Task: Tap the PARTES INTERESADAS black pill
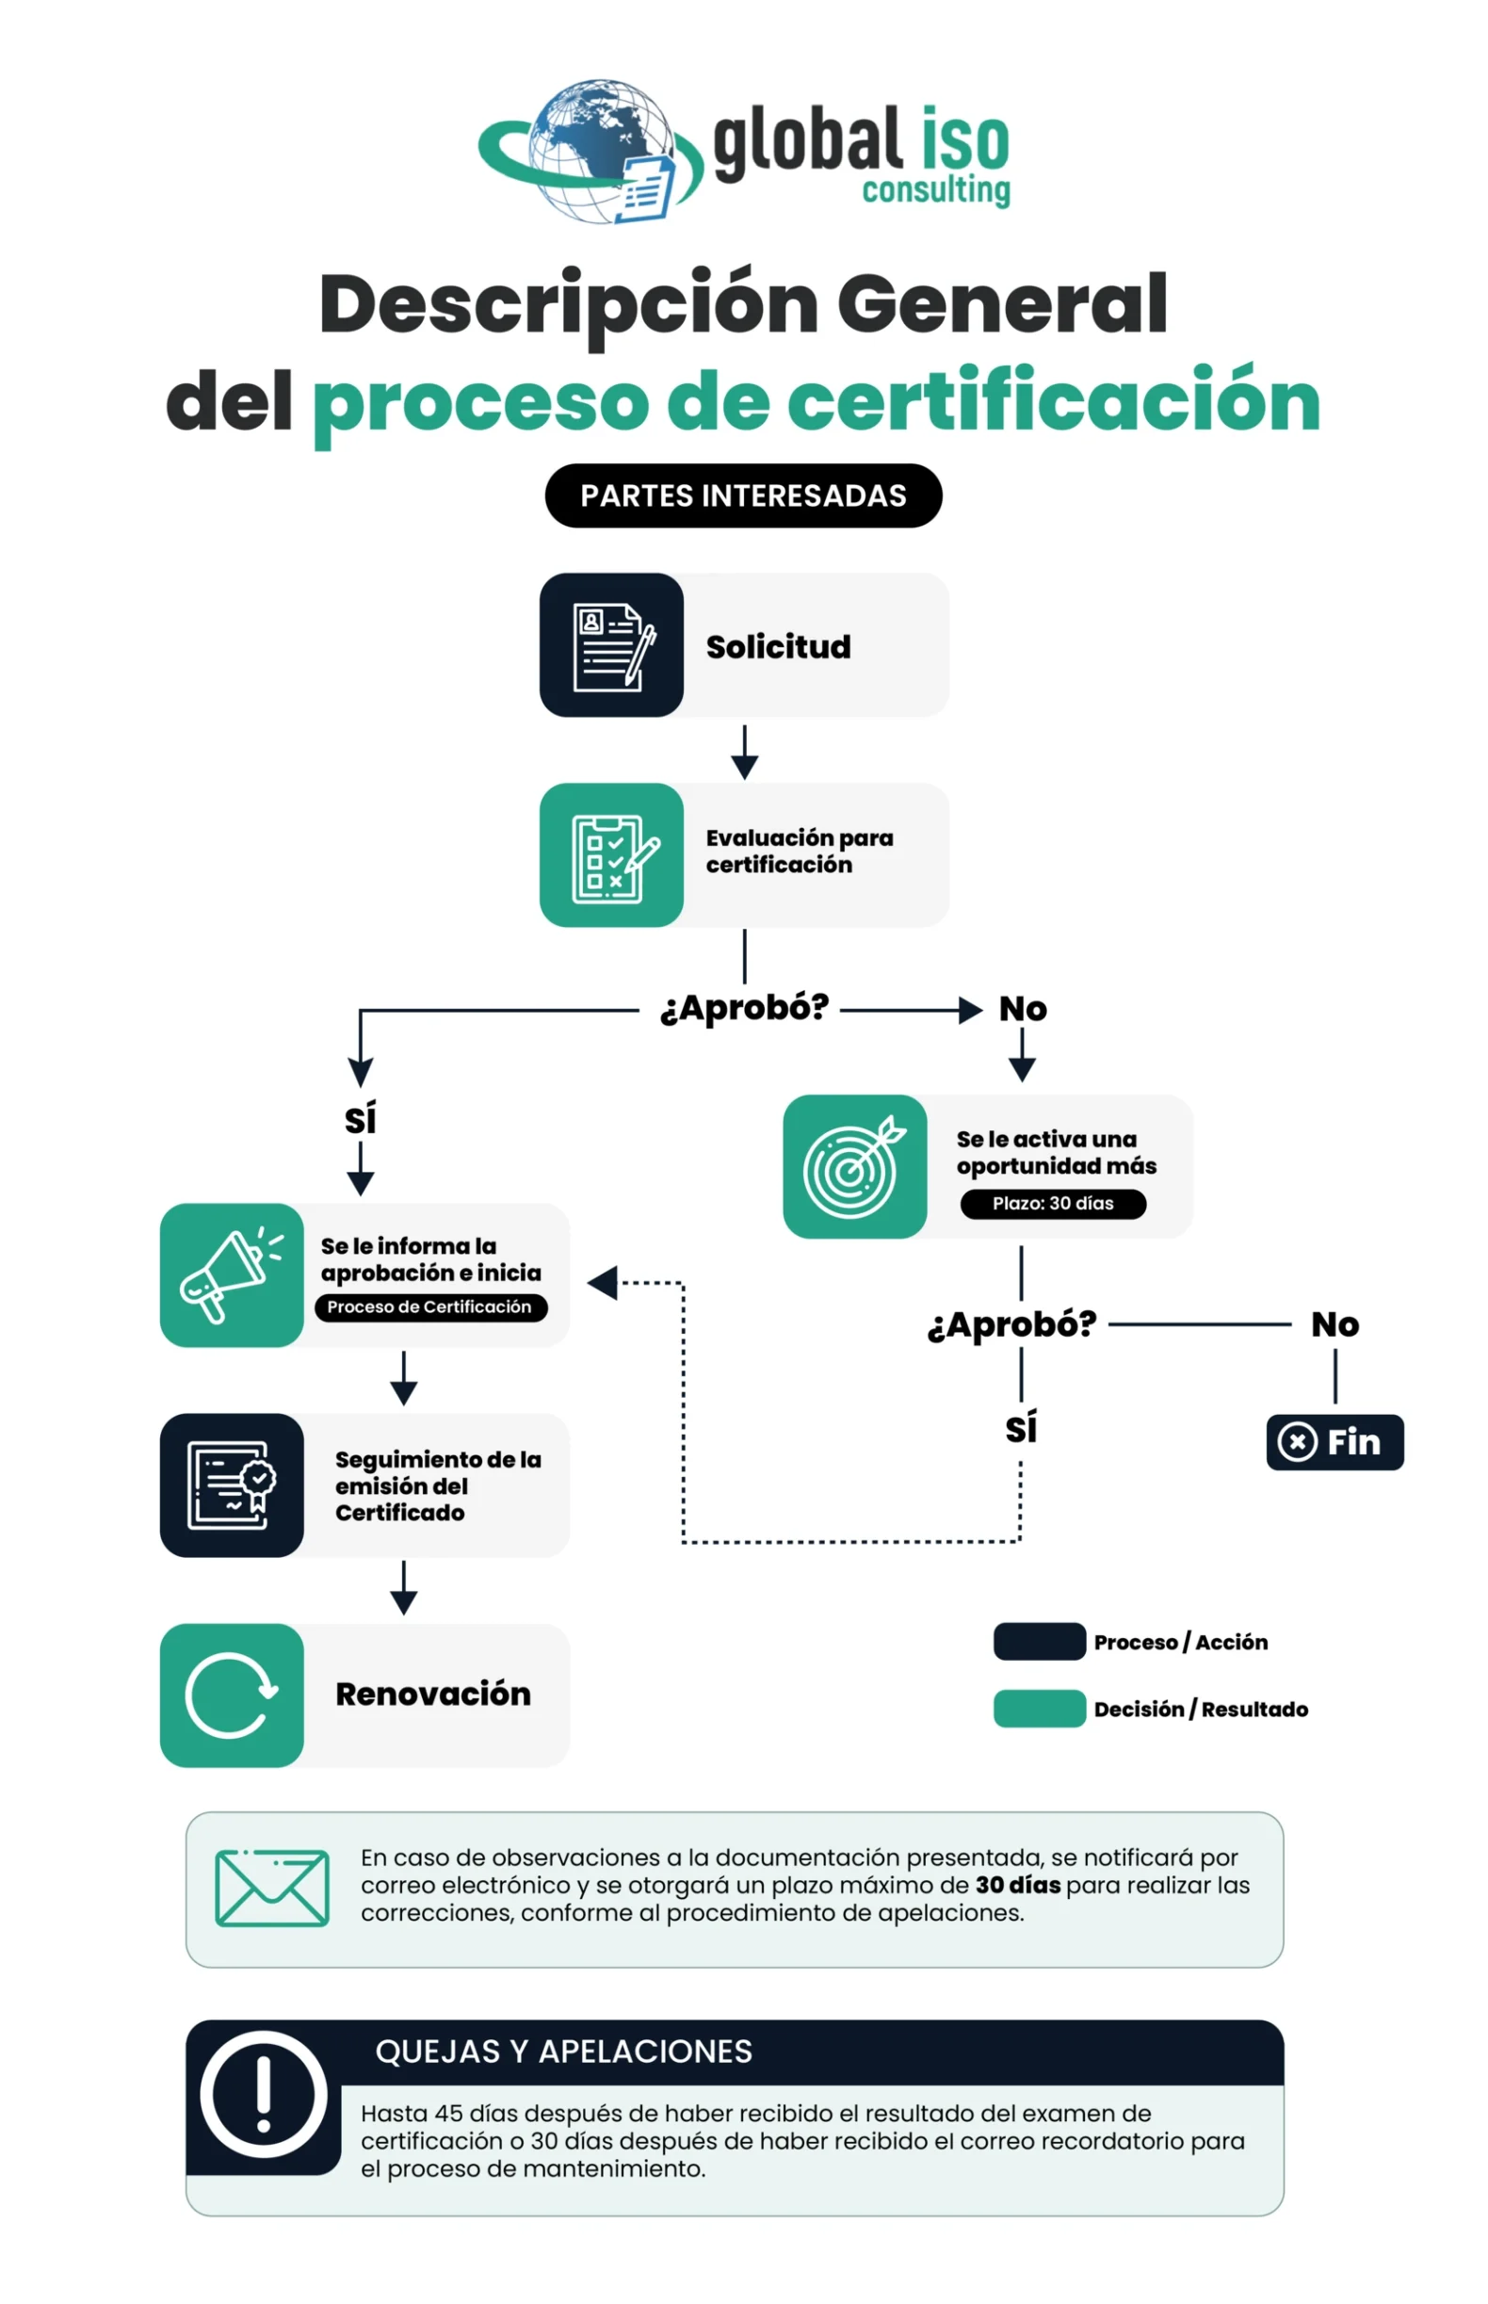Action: tap(743, 495)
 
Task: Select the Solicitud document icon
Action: tap(611, 644)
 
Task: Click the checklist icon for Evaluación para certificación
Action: tap(611, 855)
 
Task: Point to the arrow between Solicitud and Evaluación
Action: tap(744, 752)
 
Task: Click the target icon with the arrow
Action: tap(855, 1166)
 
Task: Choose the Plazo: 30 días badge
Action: tap(1053, 1204)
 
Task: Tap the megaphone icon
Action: tap(232, 1275)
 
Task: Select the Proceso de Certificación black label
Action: tap(431, 1307)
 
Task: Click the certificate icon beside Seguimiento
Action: tap(232, 1485)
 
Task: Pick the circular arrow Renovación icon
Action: tap(232, 1696)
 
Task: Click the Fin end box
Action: tap(1334, 1442)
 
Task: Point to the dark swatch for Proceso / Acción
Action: tap(1040, 1641)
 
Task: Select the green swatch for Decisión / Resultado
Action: tap(1040, 1708)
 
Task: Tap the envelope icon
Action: tap(272, 1888)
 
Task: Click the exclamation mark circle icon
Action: tap(263, 2094)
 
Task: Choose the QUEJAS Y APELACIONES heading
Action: tap(563, 2051)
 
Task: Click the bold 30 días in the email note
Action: tap(1017, 1885)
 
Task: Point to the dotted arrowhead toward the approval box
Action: tap(602, 1284)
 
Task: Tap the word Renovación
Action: tap(433, 1695)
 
